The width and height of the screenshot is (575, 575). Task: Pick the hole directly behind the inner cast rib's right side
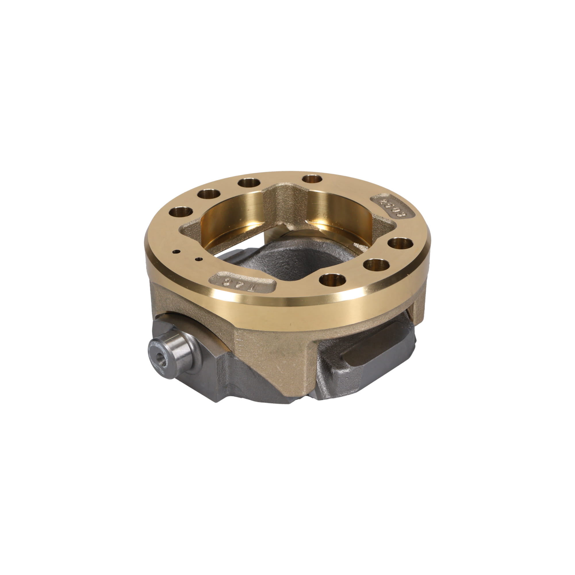[312, 179]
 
